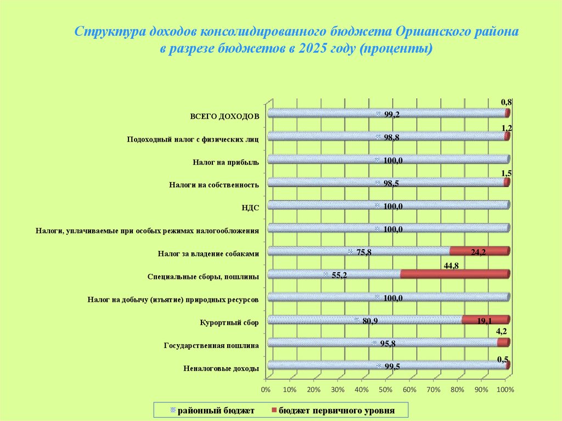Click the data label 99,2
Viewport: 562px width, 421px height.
pos(391,114)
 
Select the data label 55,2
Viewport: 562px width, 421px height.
pos(339,275)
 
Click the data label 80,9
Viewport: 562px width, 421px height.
pos(370,321)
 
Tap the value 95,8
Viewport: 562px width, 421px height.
pos(388,344)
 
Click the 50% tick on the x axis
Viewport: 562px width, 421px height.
pos(385,390)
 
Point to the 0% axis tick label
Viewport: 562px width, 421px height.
pos(266,390)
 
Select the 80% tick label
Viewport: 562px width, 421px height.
pos(457,390)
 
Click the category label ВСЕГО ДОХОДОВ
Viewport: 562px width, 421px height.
pos(224,116)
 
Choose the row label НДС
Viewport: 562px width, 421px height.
pos(250,207)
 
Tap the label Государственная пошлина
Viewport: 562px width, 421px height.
pos(211,345)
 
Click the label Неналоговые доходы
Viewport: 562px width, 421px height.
pos(221,368)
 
